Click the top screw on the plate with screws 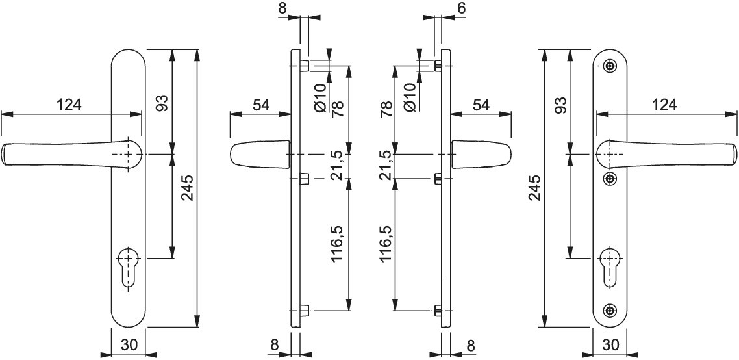[x=611, y=66]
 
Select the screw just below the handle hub [x=611, y=178]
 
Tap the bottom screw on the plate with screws [x=611, y=310]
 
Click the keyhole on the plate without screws [x=127, y=266]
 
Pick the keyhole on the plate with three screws [x=611, y=266]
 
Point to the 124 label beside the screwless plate [x=69, y=104]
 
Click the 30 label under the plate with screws [x=611, y=345]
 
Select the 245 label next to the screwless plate [x=186, y=188]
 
